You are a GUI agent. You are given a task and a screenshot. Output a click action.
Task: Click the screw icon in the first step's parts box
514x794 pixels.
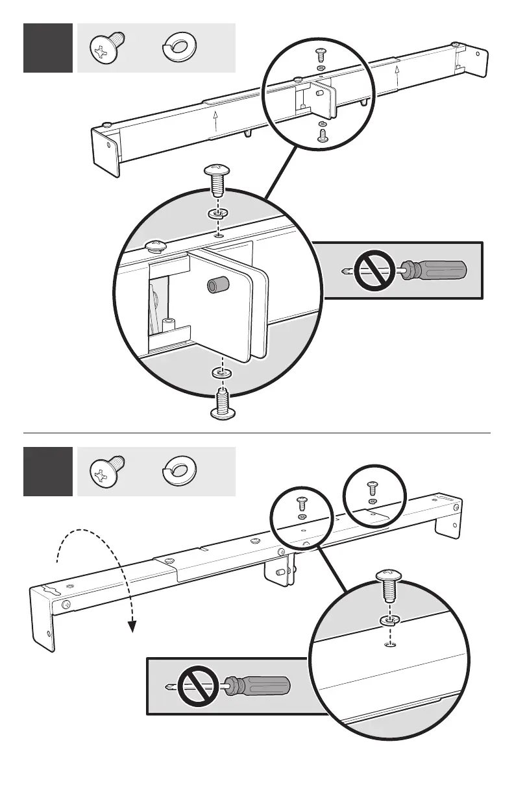105,49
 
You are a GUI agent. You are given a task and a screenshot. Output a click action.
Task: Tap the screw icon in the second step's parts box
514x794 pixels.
105,471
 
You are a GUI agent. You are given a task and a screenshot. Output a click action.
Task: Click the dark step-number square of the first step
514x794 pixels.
48,49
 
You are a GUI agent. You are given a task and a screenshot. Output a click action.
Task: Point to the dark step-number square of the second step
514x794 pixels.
48,471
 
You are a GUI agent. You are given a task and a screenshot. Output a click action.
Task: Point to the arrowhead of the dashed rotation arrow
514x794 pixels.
132,626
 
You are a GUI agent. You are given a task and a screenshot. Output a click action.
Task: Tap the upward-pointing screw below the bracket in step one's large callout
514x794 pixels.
221,400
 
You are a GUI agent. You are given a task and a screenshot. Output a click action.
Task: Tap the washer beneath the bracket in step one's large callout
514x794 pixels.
221,374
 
